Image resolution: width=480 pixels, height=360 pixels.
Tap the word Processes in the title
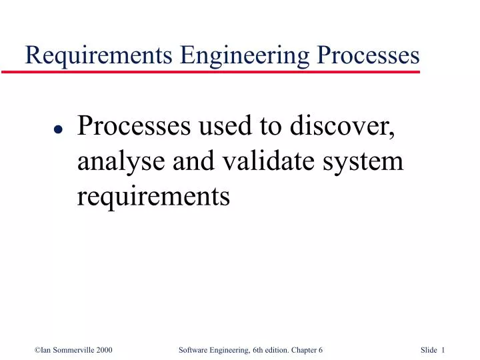click(x=369, y=55)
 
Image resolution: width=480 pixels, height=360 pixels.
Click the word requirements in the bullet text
click(x=154, y=196)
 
